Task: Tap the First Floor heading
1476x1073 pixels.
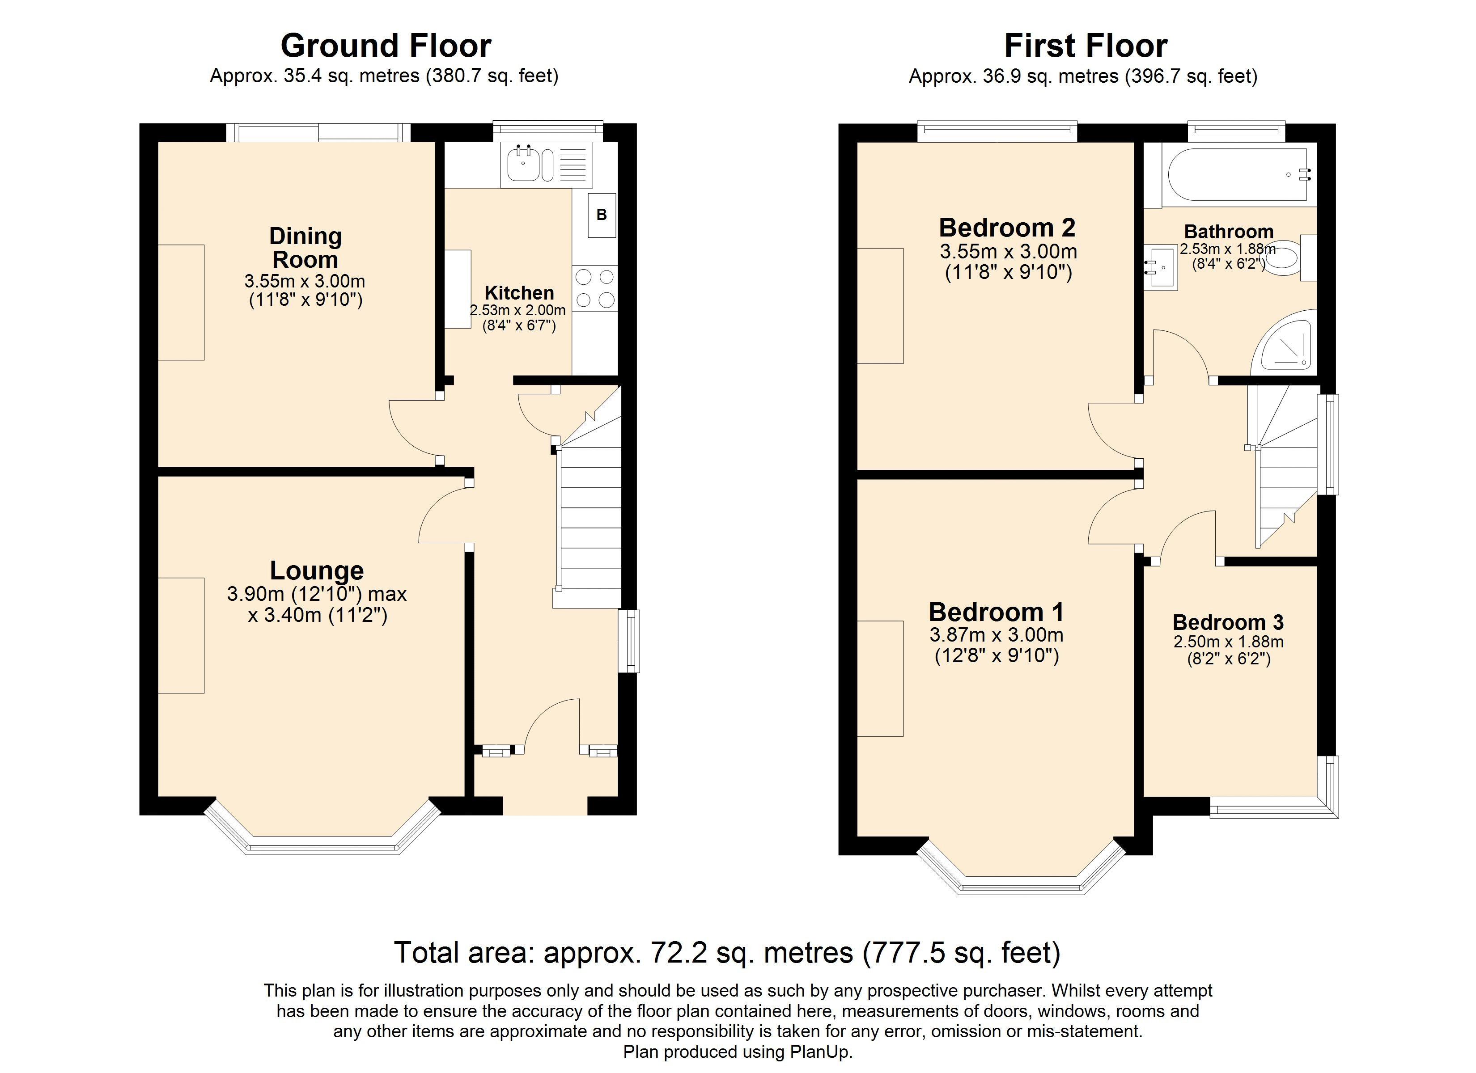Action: point(1086,46)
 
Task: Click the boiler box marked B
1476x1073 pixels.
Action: point(601,215)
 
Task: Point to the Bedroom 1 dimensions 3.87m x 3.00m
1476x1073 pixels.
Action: point(997,634)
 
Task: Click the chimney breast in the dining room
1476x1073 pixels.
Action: point(182,303)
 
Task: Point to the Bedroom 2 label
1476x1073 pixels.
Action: point(1007,228)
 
